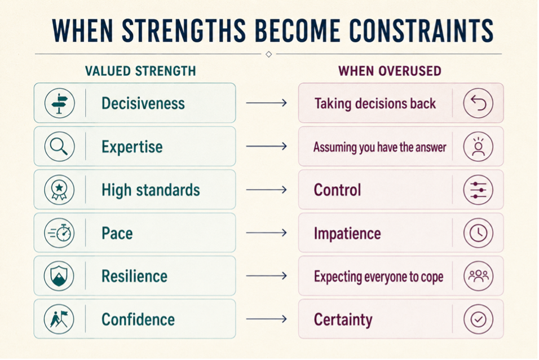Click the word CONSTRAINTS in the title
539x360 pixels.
(421, 30)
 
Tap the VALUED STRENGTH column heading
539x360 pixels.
(140, 71)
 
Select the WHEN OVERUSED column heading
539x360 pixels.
(390, 71)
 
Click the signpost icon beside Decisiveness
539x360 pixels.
(59, 103)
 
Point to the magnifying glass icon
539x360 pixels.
(59, 146)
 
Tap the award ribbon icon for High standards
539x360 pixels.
(59, 190)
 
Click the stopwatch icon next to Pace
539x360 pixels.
(59, 233)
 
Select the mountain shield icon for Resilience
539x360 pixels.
(59, 276)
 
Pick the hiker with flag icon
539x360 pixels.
(59, 319)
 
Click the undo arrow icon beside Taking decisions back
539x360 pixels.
(478, 103)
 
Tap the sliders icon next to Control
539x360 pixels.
(478, 190)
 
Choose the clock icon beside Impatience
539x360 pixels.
(478, 233)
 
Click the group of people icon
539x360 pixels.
(478, 276)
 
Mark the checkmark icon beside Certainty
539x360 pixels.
(478, 319)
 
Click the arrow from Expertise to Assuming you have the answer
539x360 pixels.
(267, 146)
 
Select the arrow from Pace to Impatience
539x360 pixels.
(267, 233)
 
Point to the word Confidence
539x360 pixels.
(138, 319)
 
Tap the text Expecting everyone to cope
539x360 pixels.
(378, 276)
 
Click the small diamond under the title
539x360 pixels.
(269, 54)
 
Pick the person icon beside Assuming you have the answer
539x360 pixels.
(478, 146)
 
